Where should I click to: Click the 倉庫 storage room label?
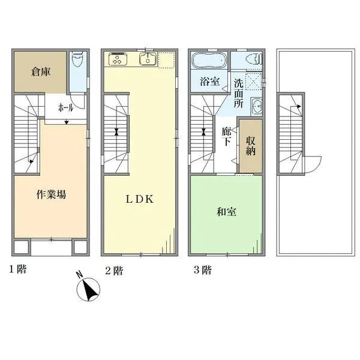pyautogui.click(x=41, y=72)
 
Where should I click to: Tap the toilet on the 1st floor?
pyautogui.click(x=77, y=59)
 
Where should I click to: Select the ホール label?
pyautogui.click(x=65, y=107)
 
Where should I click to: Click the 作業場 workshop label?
pyautogui.click(x=51, y=194)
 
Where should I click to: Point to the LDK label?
pyautogui.click(x=140, y=199)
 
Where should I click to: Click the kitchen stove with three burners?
pyautogui.click(x=118, y=59)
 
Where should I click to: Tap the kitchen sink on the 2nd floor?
pyautogui.click(x=148, y=58)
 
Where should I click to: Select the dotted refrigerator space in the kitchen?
pyautogui.click(x=166, y=60)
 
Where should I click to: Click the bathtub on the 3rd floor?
pyautogui.click(x=208, y=61)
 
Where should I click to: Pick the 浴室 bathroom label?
pyautogui.click(x=209, y=82)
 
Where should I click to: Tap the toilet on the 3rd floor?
pyautogui.click(x=254, y=59)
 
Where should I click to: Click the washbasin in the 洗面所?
pyautogui.click(x=256, y=106)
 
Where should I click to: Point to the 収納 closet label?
pyautogui.click(x=251, y=146)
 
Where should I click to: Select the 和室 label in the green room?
pyautogui.click(x=226, y=212)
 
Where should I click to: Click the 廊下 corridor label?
pyautogui.click(x=227, y=137)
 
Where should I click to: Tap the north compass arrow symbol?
pyautogui.click(x=88, y=289)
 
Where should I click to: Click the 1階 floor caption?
pyautogui.click(x=18, y=269)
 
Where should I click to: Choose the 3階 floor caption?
pyautogui.click(x=203, y=270)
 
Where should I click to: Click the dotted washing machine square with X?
pyautogui.click(x=254, y=81)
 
